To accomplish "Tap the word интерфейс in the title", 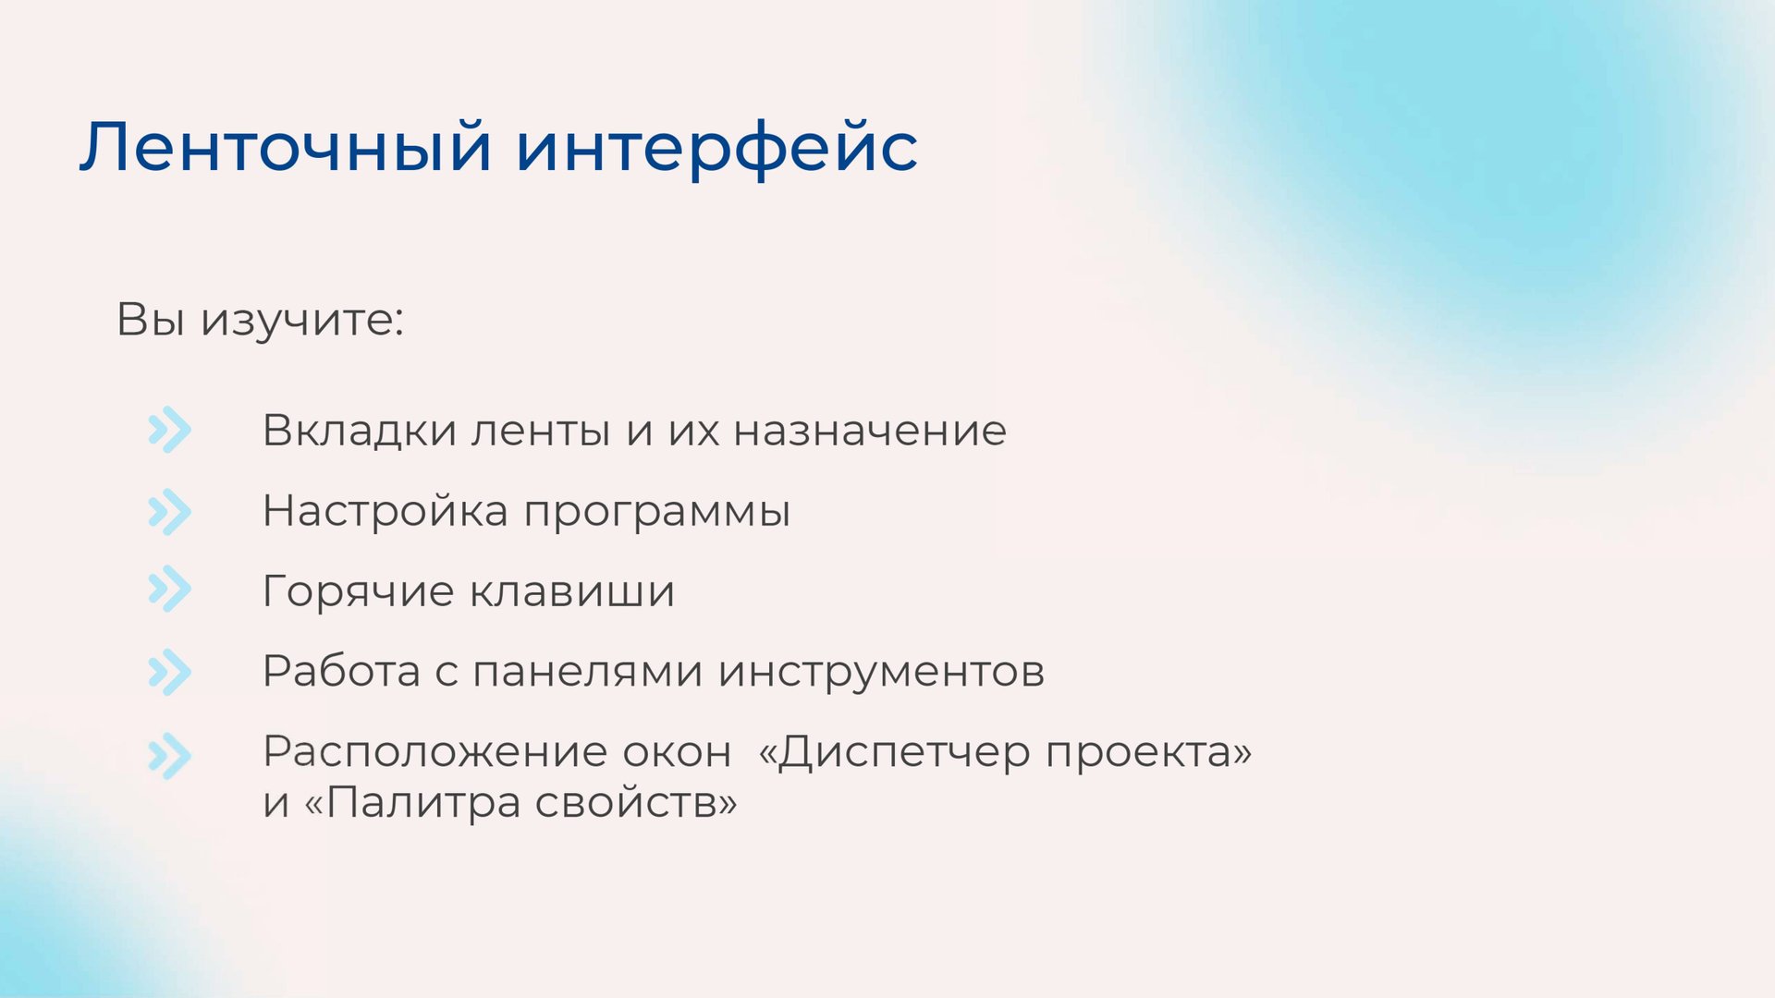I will point(716,148).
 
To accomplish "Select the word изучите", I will point(303,320).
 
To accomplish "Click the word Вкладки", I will point(360,431).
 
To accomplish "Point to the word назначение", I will point(870,431).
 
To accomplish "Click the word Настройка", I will point(385,511).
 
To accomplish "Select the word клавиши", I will point(572,591).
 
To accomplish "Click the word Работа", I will point(341,672).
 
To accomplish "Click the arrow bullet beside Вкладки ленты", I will point(169,430).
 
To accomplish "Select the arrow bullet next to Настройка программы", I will point(169,512).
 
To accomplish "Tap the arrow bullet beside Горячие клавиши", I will point(169,590).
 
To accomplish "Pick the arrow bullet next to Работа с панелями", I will point(169,672).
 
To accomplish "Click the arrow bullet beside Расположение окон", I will point(169,756).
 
